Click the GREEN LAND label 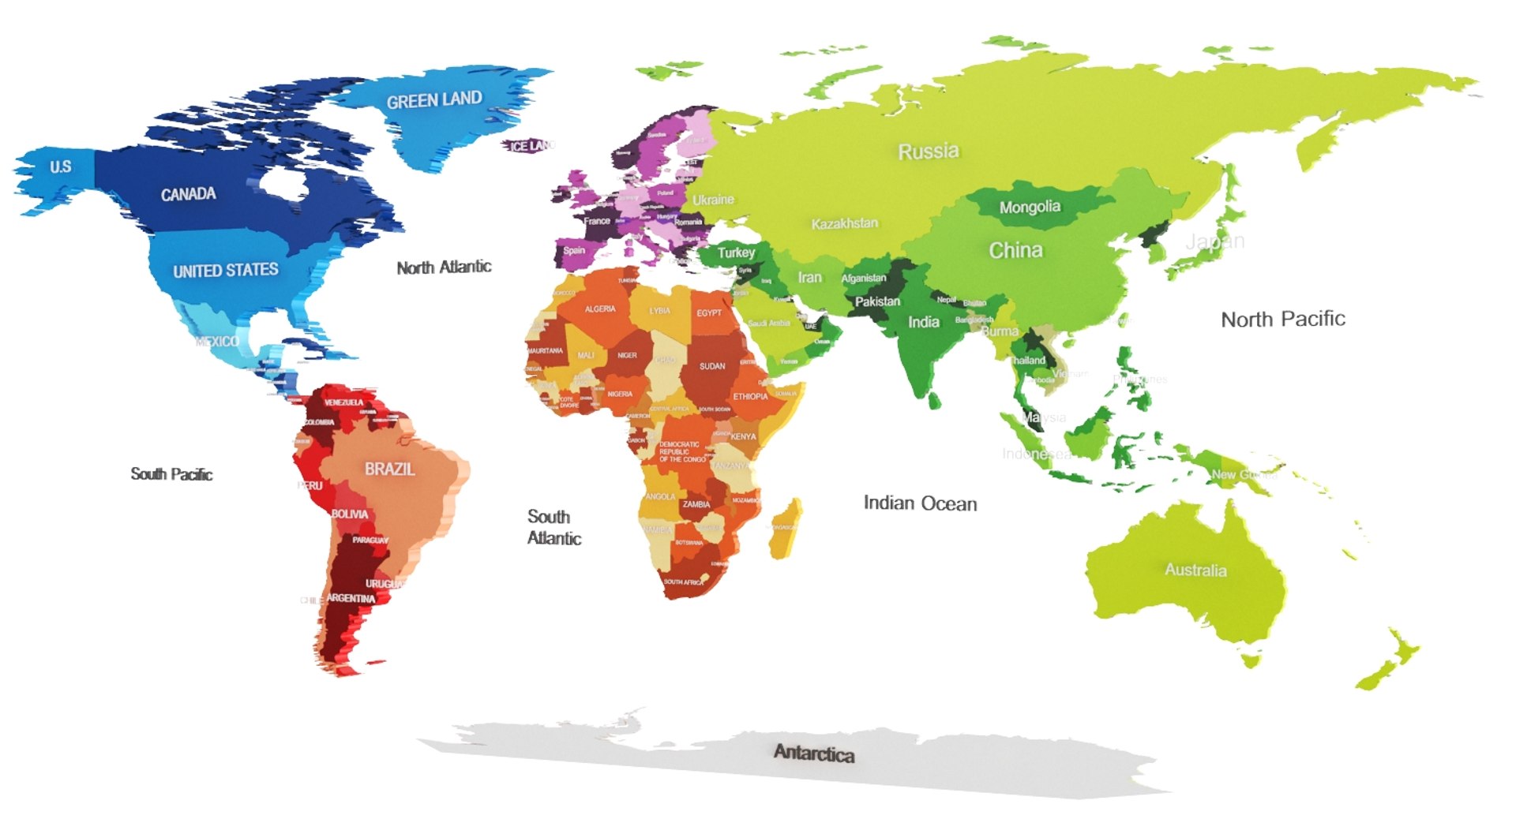(x=433, y=100)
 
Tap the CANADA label (x=188, y=194)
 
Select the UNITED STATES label (x=225, y=271)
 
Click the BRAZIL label (x=389, y=469)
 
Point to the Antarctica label (x=813, y=754)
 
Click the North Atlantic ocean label (x=444, y=267)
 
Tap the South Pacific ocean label (x=171, y=474)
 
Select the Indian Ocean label (x=920, y=503)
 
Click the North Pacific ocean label (x=1282, y=320)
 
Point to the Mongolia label (x=1029, y=208)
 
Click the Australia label (x=1195, y=570)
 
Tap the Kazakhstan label (x=844, y=223)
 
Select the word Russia (x=928, y=151)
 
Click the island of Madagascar (x=785, y=529)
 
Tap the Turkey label (x=736, y=252)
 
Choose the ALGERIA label (x=599, y=309)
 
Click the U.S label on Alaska (x=61, y=166)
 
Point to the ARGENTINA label (x=351, y=598)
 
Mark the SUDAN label (x=711, y=366)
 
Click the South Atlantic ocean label (x=553, y=527)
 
